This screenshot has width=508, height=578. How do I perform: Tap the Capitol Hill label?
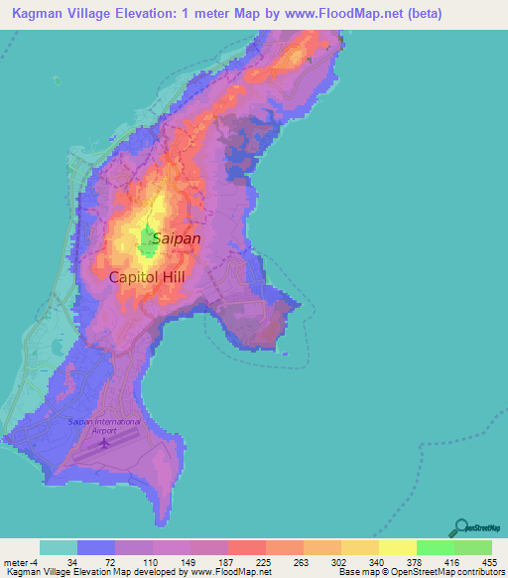coord(146,278)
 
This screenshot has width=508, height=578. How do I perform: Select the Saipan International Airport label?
coord(105,426)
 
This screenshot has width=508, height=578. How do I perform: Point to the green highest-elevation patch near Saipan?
coord(146,239)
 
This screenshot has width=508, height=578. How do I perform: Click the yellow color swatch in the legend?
coord(397,547)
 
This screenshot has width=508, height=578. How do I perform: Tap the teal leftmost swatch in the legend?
coord(58,547)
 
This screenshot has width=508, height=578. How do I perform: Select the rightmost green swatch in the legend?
coord(472,547)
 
